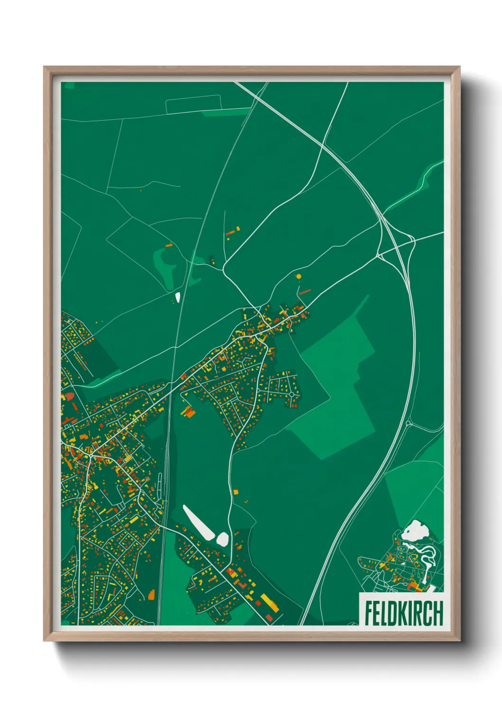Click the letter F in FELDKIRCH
click(x=369, y=613)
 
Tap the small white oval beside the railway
click(x=178, y=297)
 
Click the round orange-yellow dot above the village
click(x=298, y=276)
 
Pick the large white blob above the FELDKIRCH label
click(x=415, y=530)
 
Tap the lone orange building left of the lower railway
click(x=151, y=594)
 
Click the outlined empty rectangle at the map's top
click(x=194, y=104)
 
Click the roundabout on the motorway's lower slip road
click(x=408, y=423)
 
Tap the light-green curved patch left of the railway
click(x=164, y=266)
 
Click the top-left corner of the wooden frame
click(x=45, y=67)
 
